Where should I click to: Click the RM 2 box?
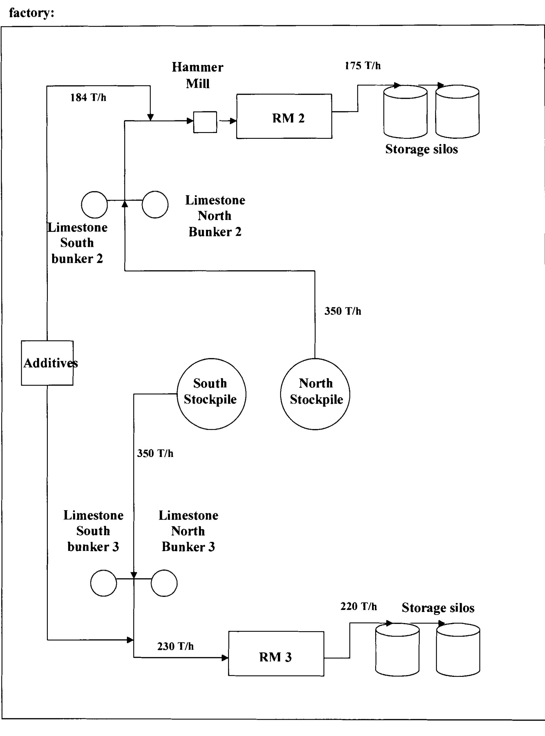click(284, 116)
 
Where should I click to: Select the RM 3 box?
click(276, 653)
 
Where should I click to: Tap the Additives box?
click(47, 363)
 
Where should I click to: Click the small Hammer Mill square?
click(205, 122)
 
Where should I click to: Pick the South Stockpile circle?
click(211, 394)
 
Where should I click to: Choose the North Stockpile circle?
click(315, 394)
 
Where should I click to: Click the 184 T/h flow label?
click(88, 98)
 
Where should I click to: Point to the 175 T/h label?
click(362, 66)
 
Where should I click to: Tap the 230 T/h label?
click(175, 646)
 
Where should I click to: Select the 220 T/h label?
click(358, 606)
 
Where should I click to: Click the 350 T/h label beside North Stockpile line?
click(342, 311)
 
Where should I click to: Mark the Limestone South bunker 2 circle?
click(94, 205)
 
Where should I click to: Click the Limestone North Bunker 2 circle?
click(155, 205)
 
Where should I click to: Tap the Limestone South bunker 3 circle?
click(104, 583)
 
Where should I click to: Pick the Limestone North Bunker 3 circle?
click(164, 583)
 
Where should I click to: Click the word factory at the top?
click(31, 13)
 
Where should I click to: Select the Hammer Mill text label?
click(198, 75)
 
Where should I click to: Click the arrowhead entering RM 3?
click(225, 658)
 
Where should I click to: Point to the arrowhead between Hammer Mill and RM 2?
click(233, 121)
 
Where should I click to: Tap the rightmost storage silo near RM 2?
click(457, 112)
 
